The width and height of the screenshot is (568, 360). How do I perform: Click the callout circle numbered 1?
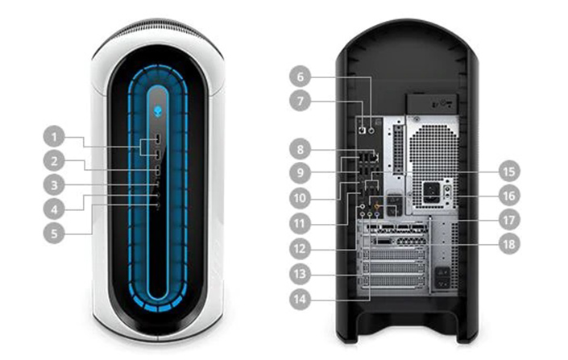(x=54, y=137)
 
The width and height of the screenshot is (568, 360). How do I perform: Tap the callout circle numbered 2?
(x=54, y=161)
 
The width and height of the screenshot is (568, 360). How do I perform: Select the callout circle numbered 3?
(x=54, y=185)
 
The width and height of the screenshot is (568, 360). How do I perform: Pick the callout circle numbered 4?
(x=54, y=209)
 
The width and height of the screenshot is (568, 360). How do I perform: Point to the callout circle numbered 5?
(x=54, y=233)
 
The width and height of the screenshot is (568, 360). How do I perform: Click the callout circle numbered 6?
(x=300, y=77)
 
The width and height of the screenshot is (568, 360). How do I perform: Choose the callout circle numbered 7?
(x=300, y=101)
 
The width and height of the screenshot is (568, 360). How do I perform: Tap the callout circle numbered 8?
(x=300, y=149)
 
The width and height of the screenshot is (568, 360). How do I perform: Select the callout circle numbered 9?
(x=300, y=172)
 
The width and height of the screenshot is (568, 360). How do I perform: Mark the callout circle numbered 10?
(x=300, y=198)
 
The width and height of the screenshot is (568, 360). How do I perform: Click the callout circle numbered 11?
(x=300, y=223)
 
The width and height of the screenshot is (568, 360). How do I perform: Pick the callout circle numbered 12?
(x=300, y=249)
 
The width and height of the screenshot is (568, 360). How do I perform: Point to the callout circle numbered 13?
(x=300, y=274)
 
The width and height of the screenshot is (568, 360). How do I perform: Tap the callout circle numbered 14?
(x=300, y=299)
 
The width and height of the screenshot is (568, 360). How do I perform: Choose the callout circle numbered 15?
(x=509, y=171)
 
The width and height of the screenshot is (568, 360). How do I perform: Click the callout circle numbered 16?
(x=509, y=196)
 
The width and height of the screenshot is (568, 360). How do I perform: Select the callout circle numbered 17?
(x=509, y=220)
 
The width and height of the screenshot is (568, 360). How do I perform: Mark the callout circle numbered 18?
(x=509, y=244)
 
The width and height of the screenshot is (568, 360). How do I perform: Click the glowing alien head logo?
(x=158, y=111)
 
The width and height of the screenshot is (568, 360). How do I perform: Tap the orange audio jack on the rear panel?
(x=378, y=206)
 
